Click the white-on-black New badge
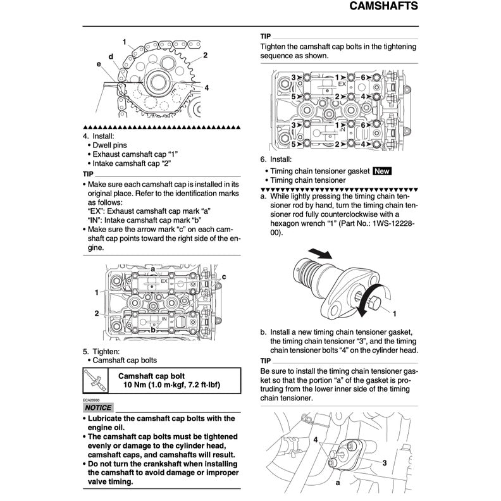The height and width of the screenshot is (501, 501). pos(383,171)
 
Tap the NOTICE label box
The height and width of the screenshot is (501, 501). pos(97,407)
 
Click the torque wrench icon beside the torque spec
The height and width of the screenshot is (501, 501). pos(94,381)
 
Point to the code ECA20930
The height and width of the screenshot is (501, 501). pos(91,400)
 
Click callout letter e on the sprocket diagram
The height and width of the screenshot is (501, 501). pos(99,64)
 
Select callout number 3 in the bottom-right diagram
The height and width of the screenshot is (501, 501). pos(384,462)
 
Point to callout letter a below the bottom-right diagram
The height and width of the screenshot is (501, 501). pos(338,482)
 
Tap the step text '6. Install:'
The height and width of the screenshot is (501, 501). pos(276,159)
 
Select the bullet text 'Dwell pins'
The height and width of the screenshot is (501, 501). pos(110,145)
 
